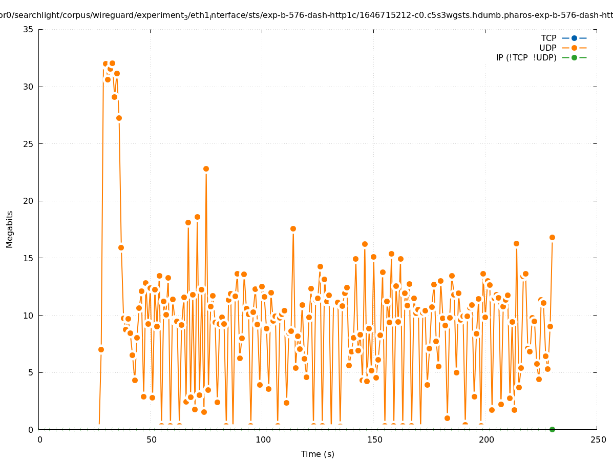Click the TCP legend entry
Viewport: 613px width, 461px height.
548,38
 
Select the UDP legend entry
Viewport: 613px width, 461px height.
547,48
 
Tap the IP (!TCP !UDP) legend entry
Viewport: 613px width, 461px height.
526,57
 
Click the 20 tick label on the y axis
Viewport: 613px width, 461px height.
29,201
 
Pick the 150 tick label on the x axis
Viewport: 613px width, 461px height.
375,439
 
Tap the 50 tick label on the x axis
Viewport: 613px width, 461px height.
152,439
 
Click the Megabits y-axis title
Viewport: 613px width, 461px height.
10,229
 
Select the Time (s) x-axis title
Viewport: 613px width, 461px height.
318,454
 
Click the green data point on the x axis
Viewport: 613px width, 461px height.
552,429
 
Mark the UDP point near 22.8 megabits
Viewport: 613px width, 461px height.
206,169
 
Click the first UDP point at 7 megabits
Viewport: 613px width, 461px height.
101,349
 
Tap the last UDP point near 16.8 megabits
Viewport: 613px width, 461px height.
552,237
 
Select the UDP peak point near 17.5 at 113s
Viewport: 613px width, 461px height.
293,228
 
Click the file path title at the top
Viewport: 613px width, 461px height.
306,15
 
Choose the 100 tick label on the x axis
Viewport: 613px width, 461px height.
263,439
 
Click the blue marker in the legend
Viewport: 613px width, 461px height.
574,38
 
